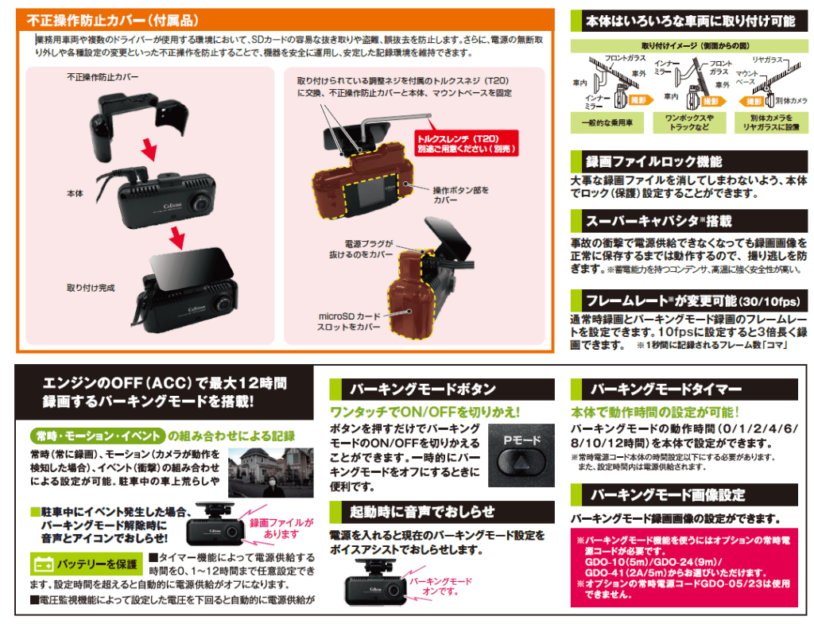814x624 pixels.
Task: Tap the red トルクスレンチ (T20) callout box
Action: pyautogui.click(x=466, y=144)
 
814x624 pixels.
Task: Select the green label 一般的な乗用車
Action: pyautogui.click(x=607, y=123)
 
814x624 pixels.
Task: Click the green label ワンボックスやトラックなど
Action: pyautogui.click(x=689, y=122)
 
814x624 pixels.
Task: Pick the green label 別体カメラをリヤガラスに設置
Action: pyautogui.click(x=771, y=122)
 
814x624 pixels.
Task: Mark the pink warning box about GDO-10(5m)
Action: pyautogui.click(x=684, y=568)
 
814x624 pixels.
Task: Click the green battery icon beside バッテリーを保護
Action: pyautogui.click(x=43, y=564)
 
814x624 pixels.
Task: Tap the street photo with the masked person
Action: pyautogui.click(x=271, y=473)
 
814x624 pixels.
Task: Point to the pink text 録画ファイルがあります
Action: pyautogui.click(x=281, y=528)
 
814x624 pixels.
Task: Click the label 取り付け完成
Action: pyautogui.click(x=91, y=288)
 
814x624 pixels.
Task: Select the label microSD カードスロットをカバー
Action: pyautogui.click(x=349, y=321)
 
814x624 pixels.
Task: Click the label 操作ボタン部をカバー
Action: pyautogui.click(x=461, y=195)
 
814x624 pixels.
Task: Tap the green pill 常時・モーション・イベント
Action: pyautogui.click(x=98, y=436)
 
